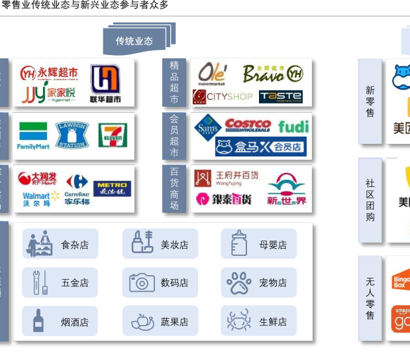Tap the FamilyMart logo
33,135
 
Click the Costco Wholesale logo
248,125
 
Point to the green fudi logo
293,127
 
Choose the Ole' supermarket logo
212,74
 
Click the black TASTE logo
281,97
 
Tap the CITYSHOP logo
223,97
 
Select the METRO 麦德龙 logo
112,189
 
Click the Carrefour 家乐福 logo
77,189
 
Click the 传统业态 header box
134,41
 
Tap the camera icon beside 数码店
142,282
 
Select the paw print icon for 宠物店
239,282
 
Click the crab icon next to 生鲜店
238,321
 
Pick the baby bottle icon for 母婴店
239,243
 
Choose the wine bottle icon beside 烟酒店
39,321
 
